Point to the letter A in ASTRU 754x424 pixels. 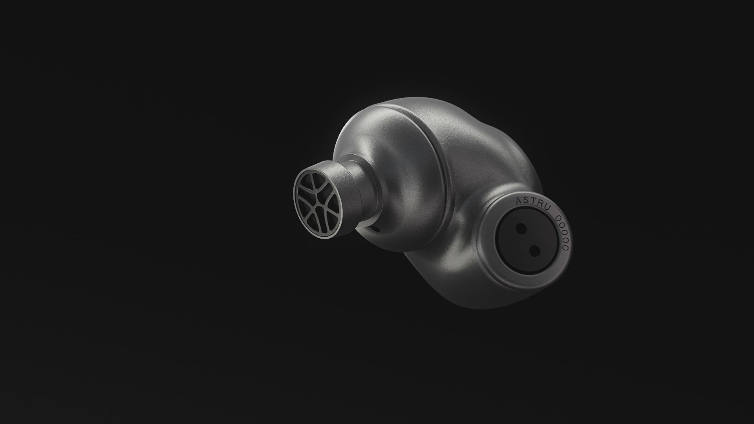point(518,200)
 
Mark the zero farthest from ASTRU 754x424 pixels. point(565,248)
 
